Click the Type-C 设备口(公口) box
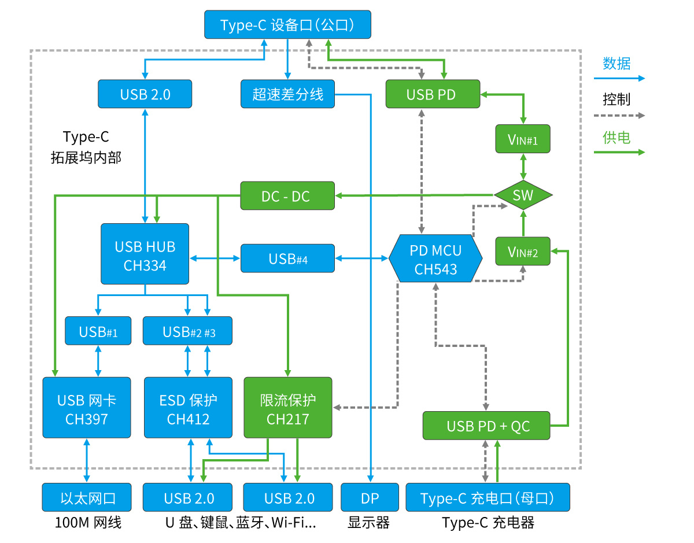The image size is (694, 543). (x=287, y=25)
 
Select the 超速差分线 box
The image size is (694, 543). (x=287, y=94)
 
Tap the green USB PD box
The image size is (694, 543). (x=433, y=94)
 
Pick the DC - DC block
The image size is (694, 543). (x=287, y=195)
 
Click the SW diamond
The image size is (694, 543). (x=523, y=195)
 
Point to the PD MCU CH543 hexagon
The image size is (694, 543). (x=435, y=258)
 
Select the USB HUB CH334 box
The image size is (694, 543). (x=145, y=254)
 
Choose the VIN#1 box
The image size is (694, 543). (x=523, y=139)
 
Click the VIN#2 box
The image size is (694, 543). (x=523, y=251)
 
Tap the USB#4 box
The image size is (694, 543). (x=287, y=258)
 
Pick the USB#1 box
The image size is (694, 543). (x=98, y=331)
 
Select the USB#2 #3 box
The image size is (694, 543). (x=187, y=331)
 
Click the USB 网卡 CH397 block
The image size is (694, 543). (x=87, y=408)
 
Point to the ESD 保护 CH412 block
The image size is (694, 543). (x=188, y=408)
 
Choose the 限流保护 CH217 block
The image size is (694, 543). (x=288, y=408)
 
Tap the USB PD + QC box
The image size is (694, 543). (x=486, y=426)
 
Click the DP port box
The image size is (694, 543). (x=370, y=497)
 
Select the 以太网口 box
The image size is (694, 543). (x=87, y=497)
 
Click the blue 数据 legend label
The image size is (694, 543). (x=617, y=63)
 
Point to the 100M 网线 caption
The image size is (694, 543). (x=88, y=523)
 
